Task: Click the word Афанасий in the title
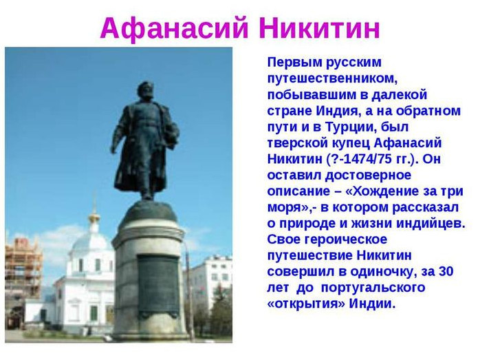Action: pyautogui.click(x=174, y=28)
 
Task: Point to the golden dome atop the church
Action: pyautogui.click(x=94, y=218)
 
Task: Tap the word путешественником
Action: pyautogui.click(x=332, y=78)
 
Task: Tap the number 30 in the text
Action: pyautogui.click(x=446, y=272)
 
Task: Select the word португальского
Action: pyautogui.click(x=373, y=288)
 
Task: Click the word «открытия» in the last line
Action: pyautogui.click(x=306, y=304)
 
